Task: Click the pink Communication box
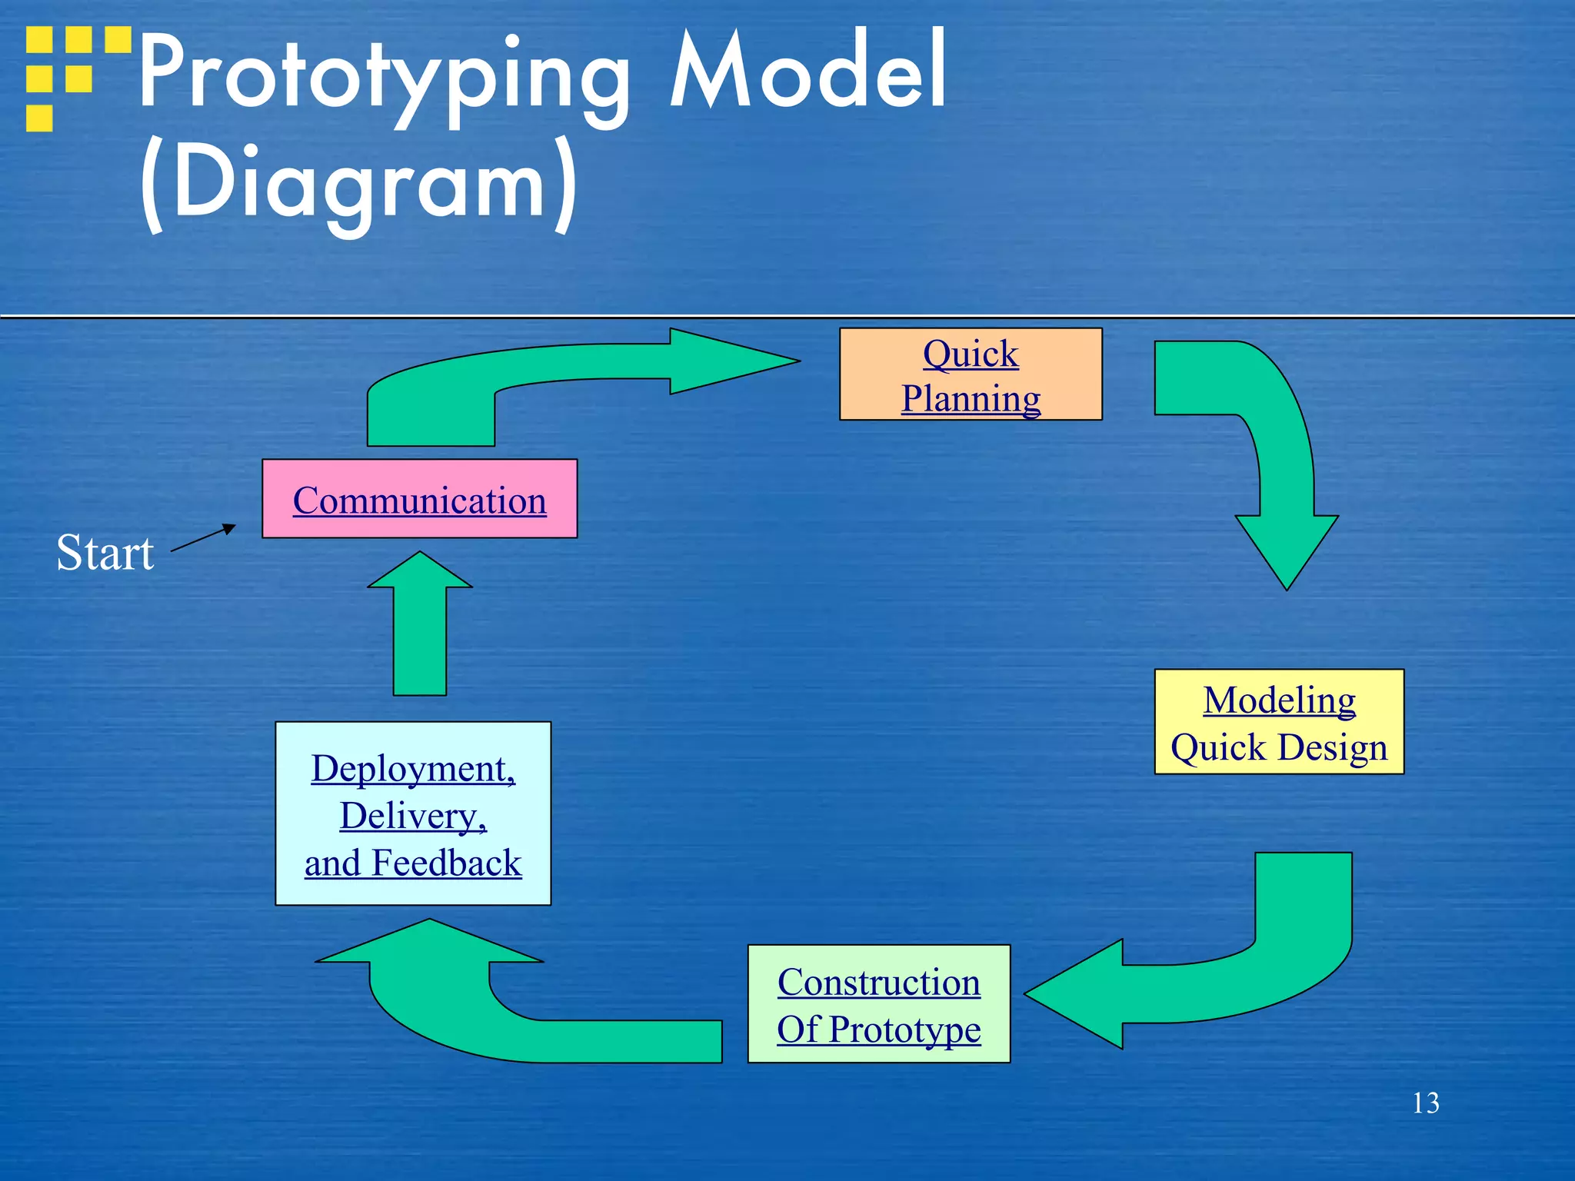pos(419,499)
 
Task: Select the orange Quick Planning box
pos(971,374)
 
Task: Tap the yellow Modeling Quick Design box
pos(1279,722)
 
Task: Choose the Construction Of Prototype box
pos(878,1004)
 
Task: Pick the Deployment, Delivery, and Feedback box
pos(413,813)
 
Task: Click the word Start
pos(105,553)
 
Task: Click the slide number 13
pos(1425,1103)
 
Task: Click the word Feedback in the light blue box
pos(446,863)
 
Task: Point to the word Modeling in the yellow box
pos(1279,700)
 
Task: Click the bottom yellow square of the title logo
pos(39,118)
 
